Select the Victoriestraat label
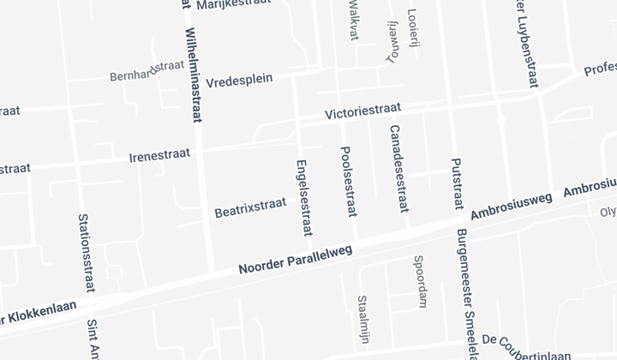[363, 112]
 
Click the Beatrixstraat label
[249, 207]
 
